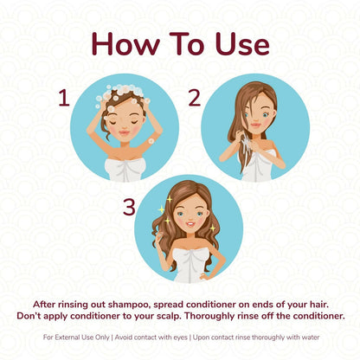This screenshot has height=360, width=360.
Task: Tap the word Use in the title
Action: pos(242,43)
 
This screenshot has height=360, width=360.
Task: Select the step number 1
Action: pos(64,98)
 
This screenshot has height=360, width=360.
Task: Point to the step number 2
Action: pos(194,98)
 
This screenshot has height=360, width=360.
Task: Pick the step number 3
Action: pos(129,207)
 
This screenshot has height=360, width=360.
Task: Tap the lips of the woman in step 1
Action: pos(125,133)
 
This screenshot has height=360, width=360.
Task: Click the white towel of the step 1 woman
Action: pos(125,170)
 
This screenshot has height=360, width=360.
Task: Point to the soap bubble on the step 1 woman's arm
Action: pos(151,141)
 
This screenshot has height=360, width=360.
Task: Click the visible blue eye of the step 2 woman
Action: pos(266,115)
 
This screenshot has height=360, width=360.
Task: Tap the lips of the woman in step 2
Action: pos(255,125)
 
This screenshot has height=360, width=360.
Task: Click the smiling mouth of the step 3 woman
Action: pos(190,223)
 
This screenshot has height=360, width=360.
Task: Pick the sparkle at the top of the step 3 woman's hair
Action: pos(170,199)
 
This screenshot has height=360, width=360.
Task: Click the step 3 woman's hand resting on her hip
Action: pos(205,276)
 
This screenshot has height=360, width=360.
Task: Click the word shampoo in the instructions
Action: pos(130,305)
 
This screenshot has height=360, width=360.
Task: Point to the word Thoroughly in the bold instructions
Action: pos(209,316)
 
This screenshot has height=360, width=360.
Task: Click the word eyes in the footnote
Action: pos(181,337)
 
